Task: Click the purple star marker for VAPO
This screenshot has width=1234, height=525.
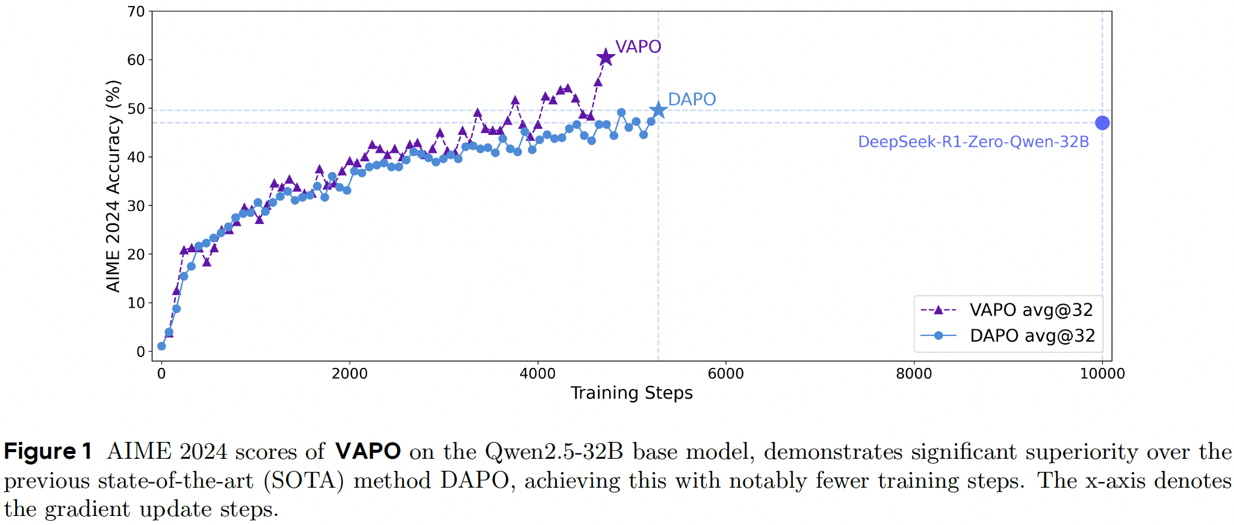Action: [606, 58]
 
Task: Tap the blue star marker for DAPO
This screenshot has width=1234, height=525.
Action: [658, 110]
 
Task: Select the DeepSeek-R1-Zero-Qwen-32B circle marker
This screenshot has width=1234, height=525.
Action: [1102, 123]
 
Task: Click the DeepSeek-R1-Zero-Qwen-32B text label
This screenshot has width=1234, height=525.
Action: [973, 142]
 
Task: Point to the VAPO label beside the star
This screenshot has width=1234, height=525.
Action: [638, 46]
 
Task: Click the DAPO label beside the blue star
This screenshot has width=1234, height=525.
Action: [692, 99]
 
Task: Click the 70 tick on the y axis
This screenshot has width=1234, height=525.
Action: [136, 11]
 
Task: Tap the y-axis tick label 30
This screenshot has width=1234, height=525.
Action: [136, 206]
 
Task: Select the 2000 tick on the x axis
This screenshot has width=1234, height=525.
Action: [349, 374]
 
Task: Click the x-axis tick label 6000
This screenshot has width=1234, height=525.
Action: [725, 374]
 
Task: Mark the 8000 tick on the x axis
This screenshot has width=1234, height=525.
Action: [914, 374]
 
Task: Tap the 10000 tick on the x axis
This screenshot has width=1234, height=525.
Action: [1102, 374]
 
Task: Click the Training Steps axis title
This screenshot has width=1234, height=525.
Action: [631, 393]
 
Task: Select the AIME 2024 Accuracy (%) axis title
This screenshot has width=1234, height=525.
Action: [113, 186]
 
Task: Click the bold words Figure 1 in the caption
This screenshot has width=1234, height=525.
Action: [48, 452]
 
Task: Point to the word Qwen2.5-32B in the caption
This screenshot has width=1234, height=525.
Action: [554, 452]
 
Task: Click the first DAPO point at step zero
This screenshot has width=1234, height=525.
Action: [161, 346]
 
